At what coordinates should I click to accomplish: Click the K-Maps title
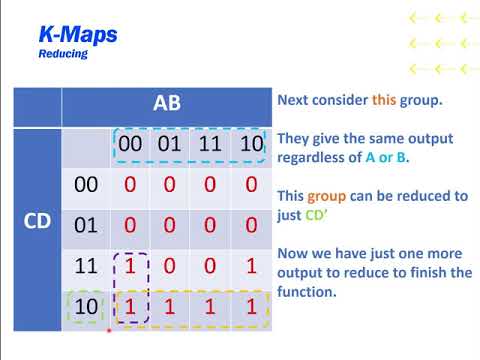78,35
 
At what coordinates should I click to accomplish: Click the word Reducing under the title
63,54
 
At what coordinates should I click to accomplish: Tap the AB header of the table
167,105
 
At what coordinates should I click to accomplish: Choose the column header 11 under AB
210,146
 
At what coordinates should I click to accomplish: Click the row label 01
88,225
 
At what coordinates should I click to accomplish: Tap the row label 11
88,266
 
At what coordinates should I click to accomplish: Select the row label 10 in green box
88,307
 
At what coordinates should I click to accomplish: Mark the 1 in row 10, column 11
210,307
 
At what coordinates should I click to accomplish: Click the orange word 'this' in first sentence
385,100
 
